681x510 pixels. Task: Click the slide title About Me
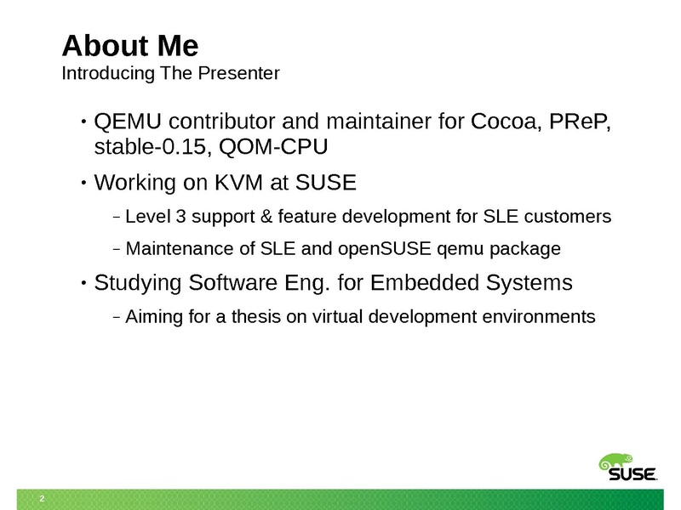130,46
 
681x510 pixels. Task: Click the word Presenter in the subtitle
238,73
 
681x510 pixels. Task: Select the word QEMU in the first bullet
128,121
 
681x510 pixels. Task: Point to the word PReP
580,122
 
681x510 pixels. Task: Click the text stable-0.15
153,146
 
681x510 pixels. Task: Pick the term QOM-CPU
273,146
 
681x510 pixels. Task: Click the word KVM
239,182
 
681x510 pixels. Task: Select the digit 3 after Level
180,217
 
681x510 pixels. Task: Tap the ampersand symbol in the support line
266,217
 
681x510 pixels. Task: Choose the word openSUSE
385,249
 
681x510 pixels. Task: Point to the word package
525,249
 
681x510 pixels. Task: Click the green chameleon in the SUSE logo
615,462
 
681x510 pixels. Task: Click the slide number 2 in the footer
42,499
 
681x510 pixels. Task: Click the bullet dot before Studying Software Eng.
83,283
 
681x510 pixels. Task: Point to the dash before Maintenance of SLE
116,249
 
